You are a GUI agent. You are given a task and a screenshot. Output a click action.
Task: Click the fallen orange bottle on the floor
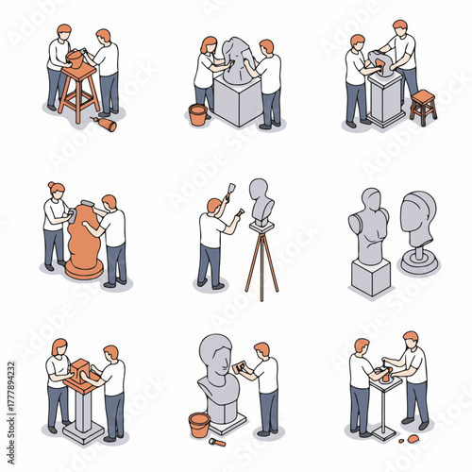click(106, 124)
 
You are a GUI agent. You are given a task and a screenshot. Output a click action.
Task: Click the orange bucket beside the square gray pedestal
click(198, 115)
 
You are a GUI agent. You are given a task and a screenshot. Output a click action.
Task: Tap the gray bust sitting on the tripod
click(261, 200)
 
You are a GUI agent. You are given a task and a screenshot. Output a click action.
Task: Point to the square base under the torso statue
click(370, 278)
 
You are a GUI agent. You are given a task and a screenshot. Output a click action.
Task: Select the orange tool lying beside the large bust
click(218, 441)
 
